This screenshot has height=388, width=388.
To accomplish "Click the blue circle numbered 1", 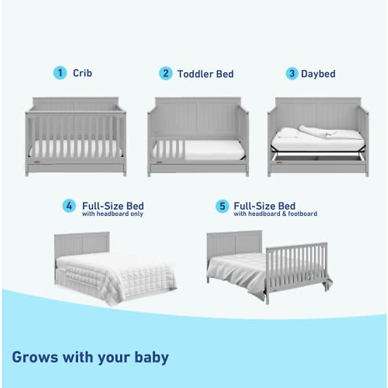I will click(x=60, y=73).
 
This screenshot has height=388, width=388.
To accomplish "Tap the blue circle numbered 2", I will click(x=166, y=73).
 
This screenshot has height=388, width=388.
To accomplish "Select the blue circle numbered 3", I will click(x=292, y=73).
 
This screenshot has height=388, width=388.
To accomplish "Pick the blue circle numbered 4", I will click(x=69, y=206).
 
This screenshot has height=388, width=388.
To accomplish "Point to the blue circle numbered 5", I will click(x=222, y=206).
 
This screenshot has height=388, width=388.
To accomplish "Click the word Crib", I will click(x=82, y=73).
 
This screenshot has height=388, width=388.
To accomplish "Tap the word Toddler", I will click(x=195, y=74).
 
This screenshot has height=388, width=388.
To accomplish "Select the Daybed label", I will click(x=318, y=74).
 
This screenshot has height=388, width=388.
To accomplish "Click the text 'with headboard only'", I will click(x=113, y=214).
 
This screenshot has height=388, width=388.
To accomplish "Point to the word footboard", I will click(x=303, y=214).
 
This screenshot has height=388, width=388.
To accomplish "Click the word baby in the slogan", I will click(x=152, y=357).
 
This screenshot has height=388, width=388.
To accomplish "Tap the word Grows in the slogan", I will click(x=35, y=357).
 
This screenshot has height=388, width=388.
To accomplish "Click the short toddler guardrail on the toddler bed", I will click(x=168, y=149).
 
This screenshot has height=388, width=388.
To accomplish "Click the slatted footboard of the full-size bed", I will click(x=296, y=265).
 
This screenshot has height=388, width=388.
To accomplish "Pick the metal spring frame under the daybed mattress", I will click(x=318, y=157).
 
